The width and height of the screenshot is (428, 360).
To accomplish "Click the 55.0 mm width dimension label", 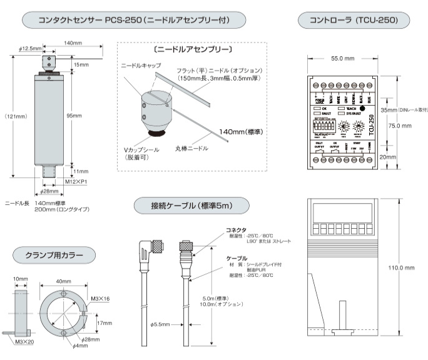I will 343,58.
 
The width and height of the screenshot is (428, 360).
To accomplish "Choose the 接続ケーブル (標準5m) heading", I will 191,206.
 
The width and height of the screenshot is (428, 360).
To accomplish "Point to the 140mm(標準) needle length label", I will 240,132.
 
